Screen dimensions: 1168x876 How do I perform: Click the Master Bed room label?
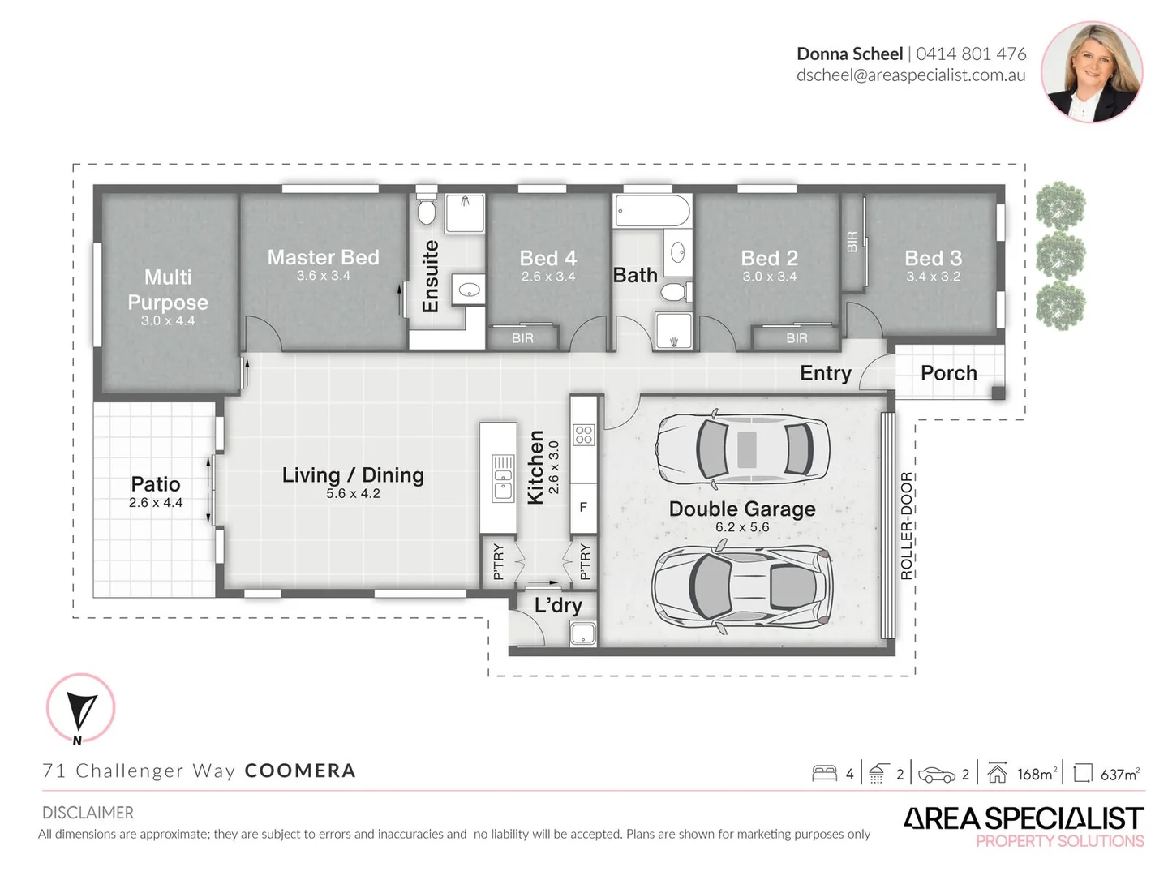tap(323, 257)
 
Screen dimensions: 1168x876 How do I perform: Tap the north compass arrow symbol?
tap(81, 711)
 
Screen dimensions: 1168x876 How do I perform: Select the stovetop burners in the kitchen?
tap(583, 435)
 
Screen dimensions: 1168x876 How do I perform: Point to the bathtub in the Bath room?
tap(652, 211)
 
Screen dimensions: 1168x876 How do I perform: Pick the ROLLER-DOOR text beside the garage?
tap(906, 525)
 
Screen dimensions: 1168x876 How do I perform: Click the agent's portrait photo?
tap(1092, 72)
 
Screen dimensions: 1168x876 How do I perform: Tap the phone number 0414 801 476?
tap(971, 54)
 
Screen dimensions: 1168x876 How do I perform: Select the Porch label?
tap(949, 373)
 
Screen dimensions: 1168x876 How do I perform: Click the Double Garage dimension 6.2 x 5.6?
tap(742, 526)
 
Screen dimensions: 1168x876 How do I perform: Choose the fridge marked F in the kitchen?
tap(583, 508)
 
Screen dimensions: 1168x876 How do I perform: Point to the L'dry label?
tap(558, 605)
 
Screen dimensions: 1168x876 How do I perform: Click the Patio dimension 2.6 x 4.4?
tap(156, 502)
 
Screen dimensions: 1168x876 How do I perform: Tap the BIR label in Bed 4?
tap(522, 338)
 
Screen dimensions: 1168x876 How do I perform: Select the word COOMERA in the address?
tap(300, 771)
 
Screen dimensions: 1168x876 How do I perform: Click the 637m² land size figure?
tap(1120, 775)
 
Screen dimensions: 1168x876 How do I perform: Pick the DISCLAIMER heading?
tap(88, 813)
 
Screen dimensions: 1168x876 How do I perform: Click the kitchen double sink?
tap(502, 479)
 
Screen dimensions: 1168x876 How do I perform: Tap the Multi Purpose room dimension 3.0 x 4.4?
tap(168, 320)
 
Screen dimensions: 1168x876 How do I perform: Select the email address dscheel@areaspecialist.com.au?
tap(911, 75)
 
